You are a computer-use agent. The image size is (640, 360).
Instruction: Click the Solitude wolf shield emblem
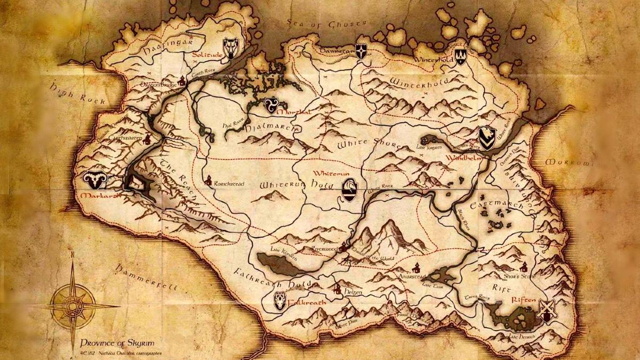(x=231, y=47)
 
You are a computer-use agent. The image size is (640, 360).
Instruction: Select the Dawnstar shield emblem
(x=361, y=52)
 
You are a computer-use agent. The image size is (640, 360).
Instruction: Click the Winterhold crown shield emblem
(x=460, y=55)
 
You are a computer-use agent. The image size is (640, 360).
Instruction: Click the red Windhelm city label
(x=469, y=158)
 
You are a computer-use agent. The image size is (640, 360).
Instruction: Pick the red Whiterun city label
(x=331, y=174)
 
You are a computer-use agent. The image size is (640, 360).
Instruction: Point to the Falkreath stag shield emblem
(x=279, y=301)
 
